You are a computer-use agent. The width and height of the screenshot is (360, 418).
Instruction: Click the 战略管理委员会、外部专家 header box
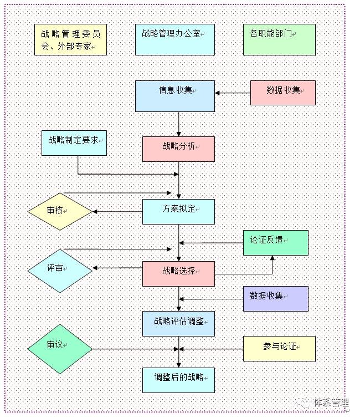tap(70, 40)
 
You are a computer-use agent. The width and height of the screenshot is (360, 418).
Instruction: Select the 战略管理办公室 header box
tap(175, 40)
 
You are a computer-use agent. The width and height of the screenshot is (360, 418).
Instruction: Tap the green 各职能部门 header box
tap(279, 40)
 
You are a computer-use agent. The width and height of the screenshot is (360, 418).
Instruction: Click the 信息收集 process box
tap(175, 96)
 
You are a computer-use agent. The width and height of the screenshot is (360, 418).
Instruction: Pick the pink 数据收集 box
tap(283, 93)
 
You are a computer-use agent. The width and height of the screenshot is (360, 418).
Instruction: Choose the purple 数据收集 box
tap(276, 299)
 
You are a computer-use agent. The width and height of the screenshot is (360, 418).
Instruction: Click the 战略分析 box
tap(179, 149)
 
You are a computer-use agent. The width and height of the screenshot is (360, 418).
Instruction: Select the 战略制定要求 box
tap(74, 143)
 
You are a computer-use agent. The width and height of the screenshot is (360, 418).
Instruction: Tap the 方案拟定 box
tap(179, 212)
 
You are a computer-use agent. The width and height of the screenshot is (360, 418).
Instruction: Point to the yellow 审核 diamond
tap(60, 212)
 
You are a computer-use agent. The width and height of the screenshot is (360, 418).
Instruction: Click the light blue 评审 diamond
tap(60, 271)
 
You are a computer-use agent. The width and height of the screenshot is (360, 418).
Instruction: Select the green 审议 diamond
tap(60, 349)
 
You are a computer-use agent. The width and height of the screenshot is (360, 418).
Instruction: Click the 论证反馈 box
tap(276, 243)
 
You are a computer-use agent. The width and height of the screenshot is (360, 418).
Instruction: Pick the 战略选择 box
tap(179, 274)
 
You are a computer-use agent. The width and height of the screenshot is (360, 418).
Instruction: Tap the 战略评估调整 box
tap(179, 324)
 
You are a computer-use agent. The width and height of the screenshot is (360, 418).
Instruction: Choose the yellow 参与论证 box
tap(279, 349)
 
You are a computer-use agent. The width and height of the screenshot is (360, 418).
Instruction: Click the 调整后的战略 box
tap(179, 380)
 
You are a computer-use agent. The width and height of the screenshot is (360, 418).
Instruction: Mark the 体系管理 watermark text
tap(332, 402)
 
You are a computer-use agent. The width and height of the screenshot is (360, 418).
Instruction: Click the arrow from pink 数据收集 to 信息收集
tap(233, 93)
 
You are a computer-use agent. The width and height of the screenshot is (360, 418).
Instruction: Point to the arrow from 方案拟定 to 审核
tap(117, 212)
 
